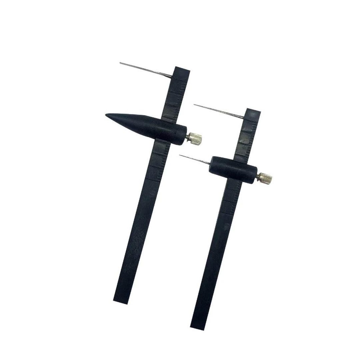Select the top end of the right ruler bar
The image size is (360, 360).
click(x=253, y=111)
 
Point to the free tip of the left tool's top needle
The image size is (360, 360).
click(x=120, y=62)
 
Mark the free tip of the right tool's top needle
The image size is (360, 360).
click(x=194, y=105)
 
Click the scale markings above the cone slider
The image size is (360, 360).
click(x=175, y=97)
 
